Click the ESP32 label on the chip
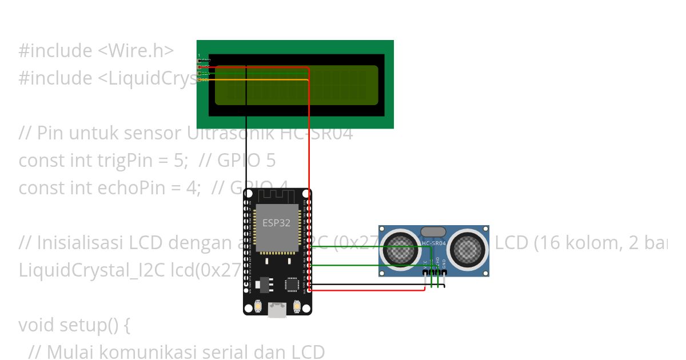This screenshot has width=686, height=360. [277, 223]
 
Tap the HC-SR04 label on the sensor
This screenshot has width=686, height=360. [433, 243]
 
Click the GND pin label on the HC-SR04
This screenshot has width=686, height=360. [444, 264]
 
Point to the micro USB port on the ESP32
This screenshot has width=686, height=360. [278, 310]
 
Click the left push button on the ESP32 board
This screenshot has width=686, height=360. [259, 307]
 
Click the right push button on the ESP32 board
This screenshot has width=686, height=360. [297, 307]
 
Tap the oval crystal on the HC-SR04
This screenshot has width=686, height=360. [433, 231]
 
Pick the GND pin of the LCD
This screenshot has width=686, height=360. [200, 61]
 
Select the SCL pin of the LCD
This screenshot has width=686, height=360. [200, 80]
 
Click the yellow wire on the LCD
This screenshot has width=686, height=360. [257, 80]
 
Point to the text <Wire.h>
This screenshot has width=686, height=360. [136, 51]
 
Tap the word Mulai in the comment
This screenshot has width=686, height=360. [68, 352]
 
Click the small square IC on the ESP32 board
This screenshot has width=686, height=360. [292, 283]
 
